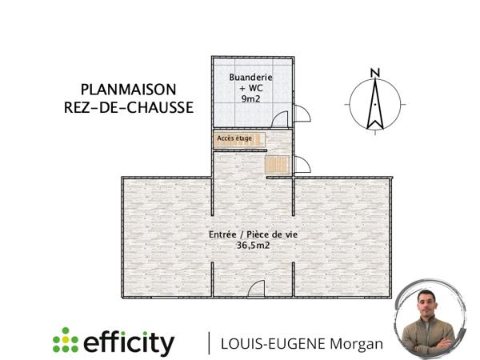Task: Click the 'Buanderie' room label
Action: [251, 77]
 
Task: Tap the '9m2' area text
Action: [251, 98]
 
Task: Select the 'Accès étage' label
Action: [234, 138]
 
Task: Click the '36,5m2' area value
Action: [252, 246]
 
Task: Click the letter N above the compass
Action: [374, 74]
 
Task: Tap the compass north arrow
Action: [374, 104]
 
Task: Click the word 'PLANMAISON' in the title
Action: [128, 89]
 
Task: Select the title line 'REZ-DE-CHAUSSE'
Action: [128, 108]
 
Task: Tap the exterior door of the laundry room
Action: [303, 116]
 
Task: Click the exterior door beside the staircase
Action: [303, 166]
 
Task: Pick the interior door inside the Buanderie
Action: [280, 120]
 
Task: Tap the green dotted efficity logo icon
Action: [66, 341]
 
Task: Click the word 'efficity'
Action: [129, 342]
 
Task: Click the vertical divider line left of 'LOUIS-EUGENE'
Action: [210, 342]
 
